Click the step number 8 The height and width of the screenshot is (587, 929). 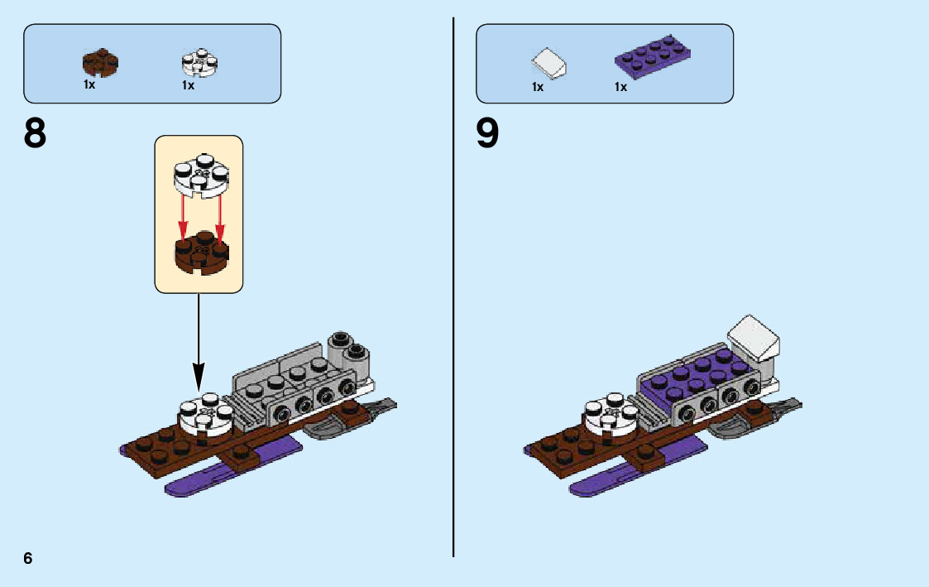pos(36,133)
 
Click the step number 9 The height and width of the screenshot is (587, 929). pos(488,133)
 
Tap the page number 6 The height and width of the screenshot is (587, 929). pos(28,558)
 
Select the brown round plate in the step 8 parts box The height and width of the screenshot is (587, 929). pos(100,62)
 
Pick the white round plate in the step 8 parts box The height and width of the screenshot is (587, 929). pos(199,63)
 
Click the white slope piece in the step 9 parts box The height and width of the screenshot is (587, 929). pos(548,62)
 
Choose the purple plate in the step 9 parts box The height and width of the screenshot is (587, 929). pos(653,54)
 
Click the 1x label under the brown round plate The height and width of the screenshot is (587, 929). pos(89,84)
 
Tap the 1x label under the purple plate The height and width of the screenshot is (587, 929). pos(620,86)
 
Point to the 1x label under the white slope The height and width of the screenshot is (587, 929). pos(538,86)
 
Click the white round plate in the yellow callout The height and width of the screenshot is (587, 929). pos(199,174)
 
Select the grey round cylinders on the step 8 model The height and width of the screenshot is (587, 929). pos(348,351)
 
